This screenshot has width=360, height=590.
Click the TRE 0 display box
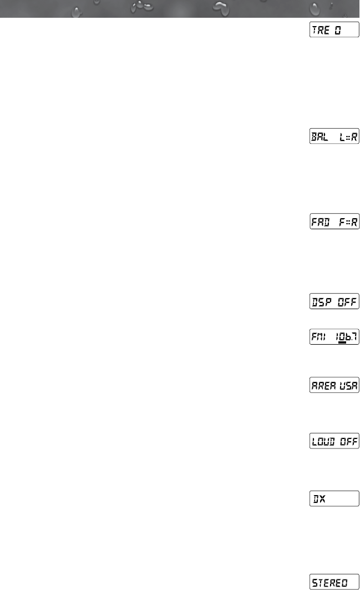pyautogui.click(x=334, y=31)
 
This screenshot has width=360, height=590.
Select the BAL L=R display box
pyautogui.click(x=334, y=137)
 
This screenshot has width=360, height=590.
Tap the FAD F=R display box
pyautogui.click(x=334, y=222)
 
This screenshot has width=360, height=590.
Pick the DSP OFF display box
pyautogui.click(x=334, y=301)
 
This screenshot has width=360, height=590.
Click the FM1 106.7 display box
pyautogui.click(x=334, y=337)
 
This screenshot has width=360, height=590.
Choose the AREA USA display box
pyautogui.click(x=334, y=385)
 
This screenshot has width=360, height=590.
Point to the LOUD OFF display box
pyautogui.click(x=334, y=441)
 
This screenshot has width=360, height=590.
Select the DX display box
pyautogui.click(x=334, y=498)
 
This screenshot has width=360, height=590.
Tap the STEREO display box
pyautogui.click(x=334, y=582)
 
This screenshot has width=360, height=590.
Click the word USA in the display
pyautogui.click(x=347, y=385)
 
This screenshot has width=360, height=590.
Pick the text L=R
pyautogui.click(x=348, y=137)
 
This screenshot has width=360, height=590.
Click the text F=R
pyautogui.click(x=348, y=222)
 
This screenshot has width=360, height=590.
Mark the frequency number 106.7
pyautogui.click(x=346, y=337)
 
